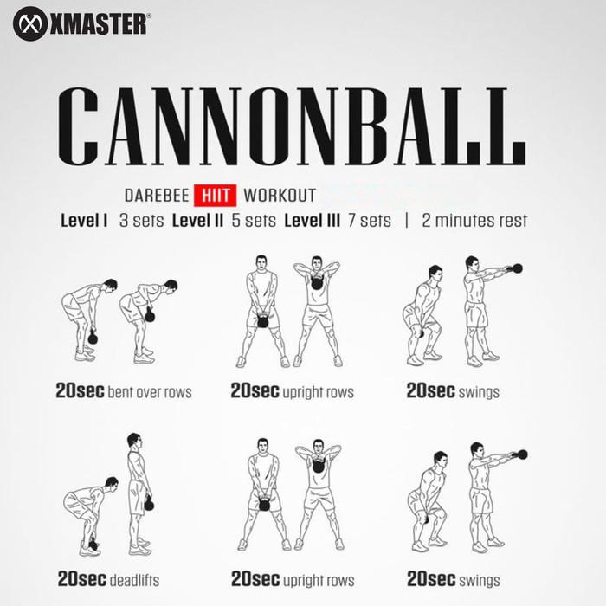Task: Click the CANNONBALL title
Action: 291,120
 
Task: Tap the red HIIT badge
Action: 215,195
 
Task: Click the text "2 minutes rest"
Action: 474,220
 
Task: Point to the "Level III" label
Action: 312,220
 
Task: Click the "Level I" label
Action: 84,220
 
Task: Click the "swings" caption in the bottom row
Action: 479,579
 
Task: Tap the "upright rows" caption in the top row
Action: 318,392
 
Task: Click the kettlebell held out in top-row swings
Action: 517,268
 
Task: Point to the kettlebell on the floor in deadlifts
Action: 93,546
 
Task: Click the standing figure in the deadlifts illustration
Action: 139,493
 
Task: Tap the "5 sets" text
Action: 254,220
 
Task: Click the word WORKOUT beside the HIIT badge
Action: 280,196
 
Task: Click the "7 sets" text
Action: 370,220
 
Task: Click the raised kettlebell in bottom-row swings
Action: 521,454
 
